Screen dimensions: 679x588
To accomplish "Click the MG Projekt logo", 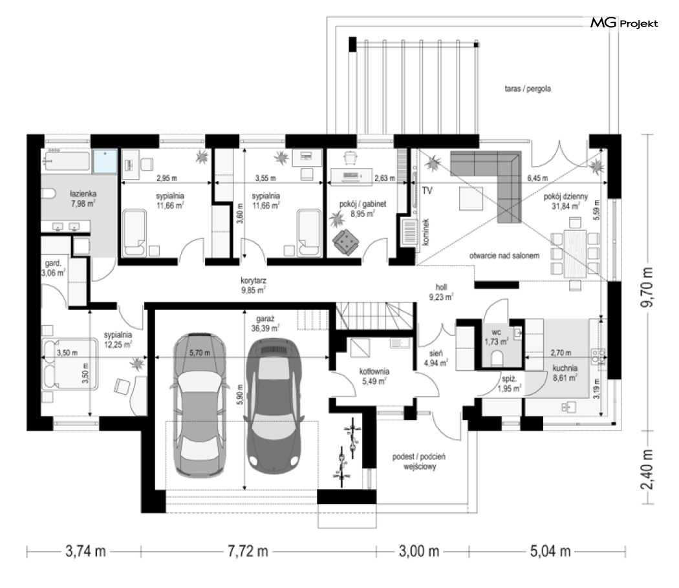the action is coord(624,23).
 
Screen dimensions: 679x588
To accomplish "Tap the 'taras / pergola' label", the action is coord(528,89).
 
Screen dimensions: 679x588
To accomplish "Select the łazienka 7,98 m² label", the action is coord(83,198).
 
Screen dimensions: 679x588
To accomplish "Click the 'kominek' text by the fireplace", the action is coord(426,232).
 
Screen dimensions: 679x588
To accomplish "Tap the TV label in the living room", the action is coord(427,191).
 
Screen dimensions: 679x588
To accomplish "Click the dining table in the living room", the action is coord(575,253).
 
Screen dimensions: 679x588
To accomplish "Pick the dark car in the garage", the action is coord(274,404).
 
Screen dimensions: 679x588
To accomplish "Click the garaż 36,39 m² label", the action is coord(265,324).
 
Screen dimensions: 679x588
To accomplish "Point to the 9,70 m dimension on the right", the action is coord(648,287).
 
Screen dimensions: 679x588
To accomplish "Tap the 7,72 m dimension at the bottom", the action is coord(248,551).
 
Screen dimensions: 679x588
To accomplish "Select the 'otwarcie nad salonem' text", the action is coord(504,256).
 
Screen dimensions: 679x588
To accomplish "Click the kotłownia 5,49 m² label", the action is coord(374,377).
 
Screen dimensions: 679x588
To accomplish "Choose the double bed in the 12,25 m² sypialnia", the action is coord(70,364).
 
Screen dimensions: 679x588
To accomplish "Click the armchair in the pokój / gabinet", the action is coord(345,242).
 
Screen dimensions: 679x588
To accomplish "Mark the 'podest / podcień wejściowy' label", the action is coord(419,461).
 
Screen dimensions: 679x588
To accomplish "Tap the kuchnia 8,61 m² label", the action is coord(565,373).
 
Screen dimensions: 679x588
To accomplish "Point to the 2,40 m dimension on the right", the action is coord(648,468).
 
